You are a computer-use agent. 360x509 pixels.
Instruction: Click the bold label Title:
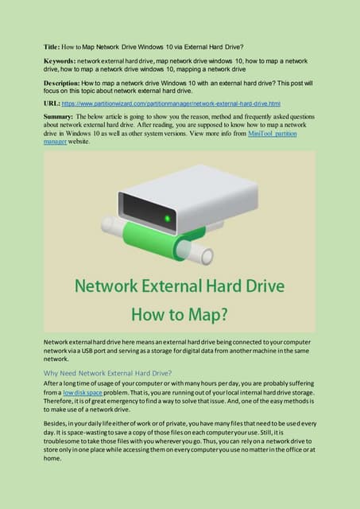click(x=52, y=47)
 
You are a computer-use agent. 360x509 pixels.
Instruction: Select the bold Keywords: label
click(x=60, y=61)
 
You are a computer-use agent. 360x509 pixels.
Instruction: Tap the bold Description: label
click(x=62, y=83)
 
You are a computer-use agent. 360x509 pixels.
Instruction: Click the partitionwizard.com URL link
click(x=171, y=104)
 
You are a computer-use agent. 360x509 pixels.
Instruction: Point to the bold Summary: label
click(x=58, y=117)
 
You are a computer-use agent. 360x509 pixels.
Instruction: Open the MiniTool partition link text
click(x=273, y=134)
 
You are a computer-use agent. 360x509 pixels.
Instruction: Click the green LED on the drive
click(x=168, y=219)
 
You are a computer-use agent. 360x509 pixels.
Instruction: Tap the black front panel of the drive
click(x=147, y=211)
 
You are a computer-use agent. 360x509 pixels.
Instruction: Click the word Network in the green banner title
click(x=106, y=286)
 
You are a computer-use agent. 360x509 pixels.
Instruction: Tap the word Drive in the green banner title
click(x=265, y=286)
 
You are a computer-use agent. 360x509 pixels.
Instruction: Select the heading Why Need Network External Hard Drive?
click(x=107, y=373)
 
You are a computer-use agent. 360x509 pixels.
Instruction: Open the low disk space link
click(x=83, y=393)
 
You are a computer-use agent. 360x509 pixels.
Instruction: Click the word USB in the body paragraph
click(x=87, y=351)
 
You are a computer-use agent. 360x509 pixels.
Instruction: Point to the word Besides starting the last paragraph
click(x=55, y=424)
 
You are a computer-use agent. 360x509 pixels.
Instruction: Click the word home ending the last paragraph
click(x=52, y=459)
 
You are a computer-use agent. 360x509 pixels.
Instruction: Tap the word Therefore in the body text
click(x=56, y=401)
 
